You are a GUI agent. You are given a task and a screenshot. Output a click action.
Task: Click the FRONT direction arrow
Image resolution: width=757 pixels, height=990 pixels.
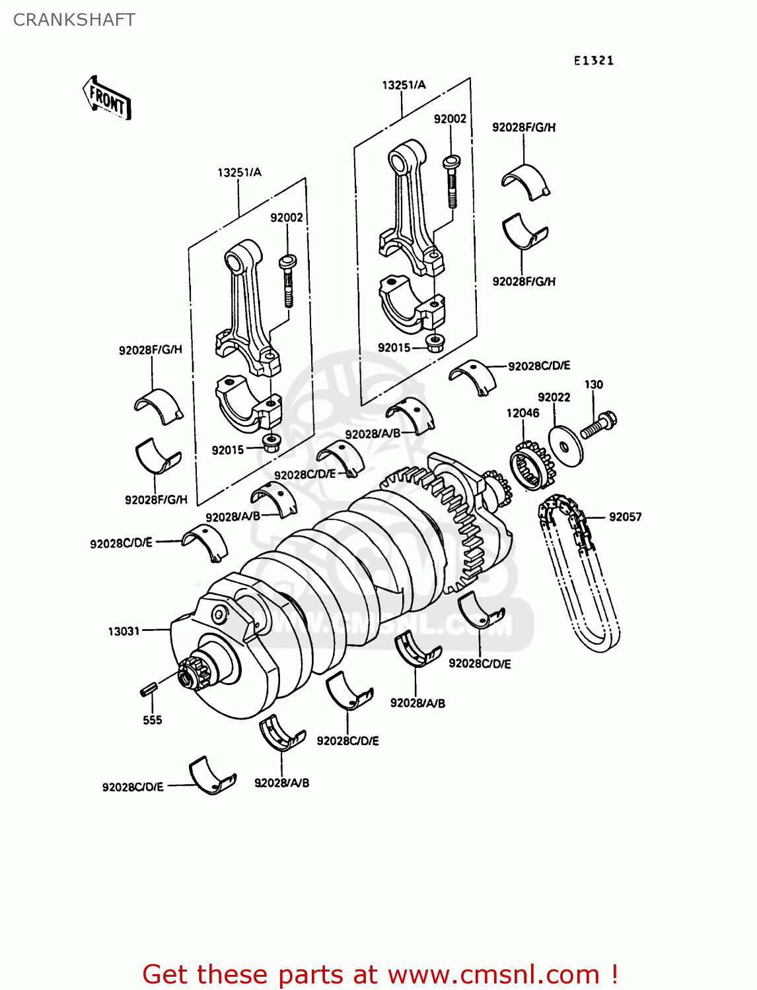pyautogui.click(x=106, y=98)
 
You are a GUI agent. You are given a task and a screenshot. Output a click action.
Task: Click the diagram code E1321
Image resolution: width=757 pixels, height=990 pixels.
pyautogui.click(x=593, y=61)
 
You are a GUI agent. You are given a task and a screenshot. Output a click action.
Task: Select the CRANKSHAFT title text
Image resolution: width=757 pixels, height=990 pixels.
pyautogui.click(x=74, y=20)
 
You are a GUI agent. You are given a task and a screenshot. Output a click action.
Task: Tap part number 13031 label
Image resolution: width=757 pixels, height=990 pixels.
pyautogui.click(x=124, y=631)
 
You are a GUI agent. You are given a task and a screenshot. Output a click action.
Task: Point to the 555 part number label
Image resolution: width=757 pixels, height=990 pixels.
pyautogui.click(x=152, y=720)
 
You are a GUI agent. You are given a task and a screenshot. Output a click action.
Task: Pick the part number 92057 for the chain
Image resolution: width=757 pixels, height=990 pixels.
pyautogui.click(x=625, y=517)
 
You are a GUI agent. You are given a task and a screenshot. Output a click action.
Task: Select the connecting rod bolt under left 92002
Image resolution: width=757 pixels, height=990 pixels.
pyautogui.click(x=288, y=280)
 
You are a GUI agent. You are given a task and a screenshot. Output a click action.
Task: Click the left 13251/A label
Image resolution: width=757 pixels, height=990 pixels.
pyautogui.click(x=239, y=172)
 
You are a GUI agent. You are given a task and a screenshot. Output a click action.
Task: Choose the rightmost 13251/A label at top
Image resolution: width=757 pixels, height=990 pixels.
pyautogui.click(x=404, y=84)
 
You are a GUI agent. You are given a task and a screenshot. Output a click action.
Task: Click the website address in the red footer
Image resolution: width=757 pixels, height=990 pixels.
pyautogui.click(x=493, y=974)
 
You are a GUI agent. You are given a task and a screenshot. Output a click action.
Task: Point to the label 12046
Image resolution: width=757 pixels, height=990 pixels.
pyautogui.click(x=523, y=413)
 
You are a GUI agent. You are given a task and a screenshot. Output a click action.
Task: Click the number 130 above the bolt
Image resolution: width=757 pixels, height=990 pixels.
pyautogui.click(x=593, y=384)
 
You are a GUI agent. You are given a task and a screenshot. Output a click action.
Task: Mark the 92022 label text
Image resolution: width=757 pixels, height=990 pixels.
pyautogui.click(x=554, y=397)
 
